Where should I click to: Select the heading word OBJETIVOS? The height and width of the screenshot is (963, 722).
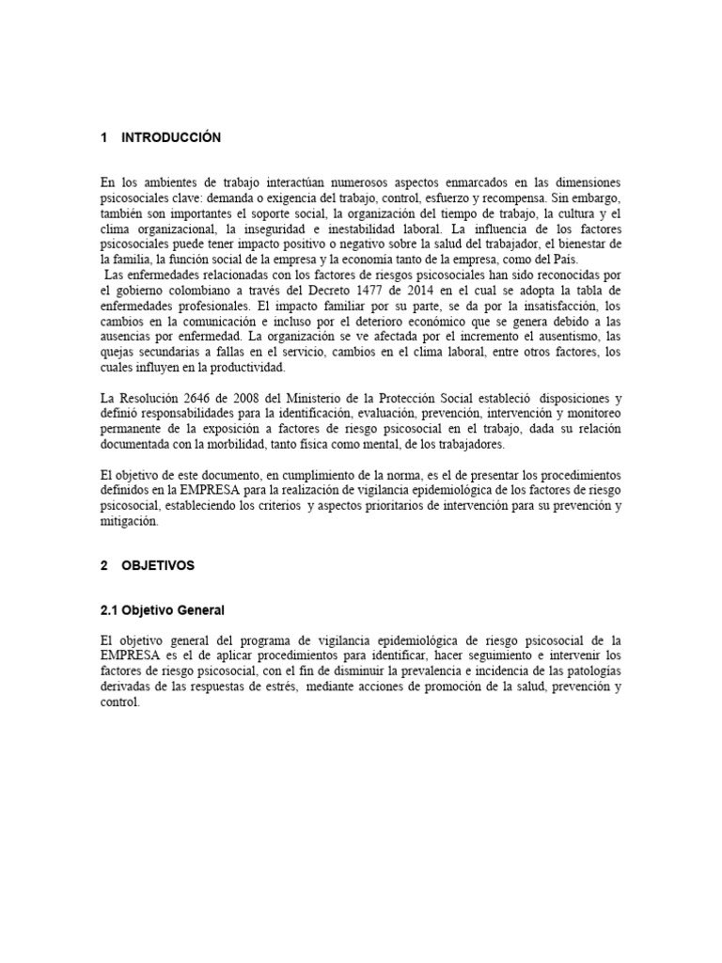[158, 565]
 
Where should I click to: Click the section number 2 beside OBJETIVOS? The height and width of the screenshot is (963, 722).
[103, 565]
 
